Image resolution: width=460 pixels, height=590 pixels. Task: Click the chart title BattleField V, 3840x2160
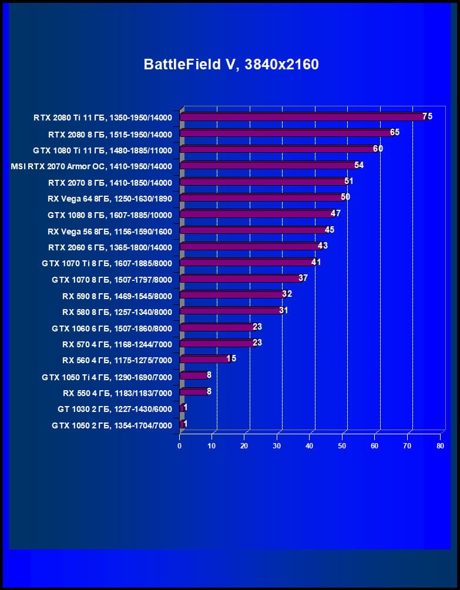231,64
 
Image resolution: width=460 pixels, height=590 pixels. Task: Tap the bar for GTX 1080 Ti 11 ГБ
277,149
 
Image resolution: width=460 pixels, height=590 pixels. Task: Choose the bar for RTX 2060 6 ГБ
250,246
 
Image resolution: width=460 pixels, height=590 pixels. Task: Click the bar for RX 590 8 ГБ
231,294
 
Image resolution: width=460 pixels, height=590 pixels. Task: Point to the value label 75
427,116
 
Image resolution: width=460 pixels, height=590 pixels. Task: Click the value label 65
394,132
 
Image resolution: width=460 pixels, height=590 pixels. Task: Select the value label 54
358,165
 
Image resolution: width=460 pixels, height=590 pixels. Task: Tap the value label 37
303,278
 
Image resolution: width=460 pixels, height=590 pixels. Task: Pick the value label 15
231,358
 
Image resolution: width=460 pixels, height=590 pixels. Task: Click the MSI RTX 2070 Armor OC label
91,166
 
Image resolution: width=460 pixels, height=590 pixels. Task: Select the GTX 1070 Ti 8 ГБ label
107,263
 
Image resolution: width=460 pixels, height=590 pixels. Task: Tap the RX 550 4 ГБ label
117,393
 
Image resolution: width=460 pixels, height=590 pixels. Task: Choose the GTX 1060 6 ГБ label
112,328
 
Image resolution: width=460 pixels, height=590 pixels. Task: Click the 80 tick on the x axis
440,446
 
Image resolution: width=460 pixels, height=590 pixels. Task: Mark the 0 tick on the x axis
180,446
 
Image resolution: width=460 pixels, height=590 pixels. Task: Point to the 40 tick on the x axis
310,446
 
